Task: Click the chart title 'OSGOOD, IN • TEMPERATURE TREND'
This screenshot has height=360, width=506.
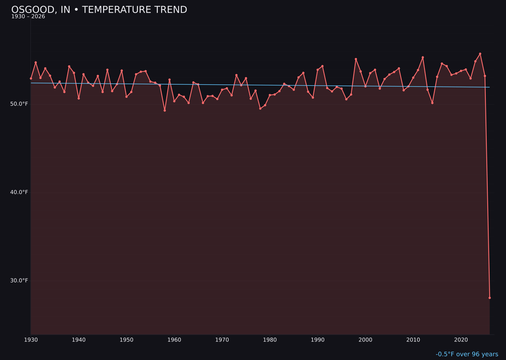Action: [x=99, y=10]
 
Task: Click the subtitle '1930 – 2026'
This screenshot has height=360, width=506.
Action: [x=28, y=17]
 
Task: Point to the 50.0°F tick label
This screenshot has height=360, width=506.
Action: [x=19, y=104]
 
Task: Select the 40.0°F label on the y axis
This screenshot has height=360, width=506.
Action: [x=19, y=192]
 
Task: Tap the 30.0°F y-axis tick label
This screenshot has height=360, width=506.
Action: [x=19, y=281]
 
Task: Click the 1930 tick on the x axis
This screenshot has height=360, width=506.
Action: [x=31, y=340]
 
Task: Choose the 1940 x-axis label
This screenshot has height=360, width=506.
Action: [x=79, y=340]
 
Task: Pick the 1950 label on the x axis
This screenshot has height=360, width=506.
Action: [x=126, y=340]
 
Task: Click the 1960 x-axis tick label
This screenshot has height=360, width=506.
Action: [x=174, y=340]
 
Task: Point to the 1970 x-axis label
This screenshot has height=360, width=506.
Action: [x=222, y=340]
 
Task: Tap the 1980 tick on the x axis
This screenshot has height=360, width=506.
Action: [x=270, y=340]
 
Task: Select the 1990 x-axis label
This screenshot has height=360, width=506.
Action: [x=318, y=340]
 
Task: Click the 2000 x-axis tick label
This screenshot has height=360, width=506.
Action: [x=365, y=340]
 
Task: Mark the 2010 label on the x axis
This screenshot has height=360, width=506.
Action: [x=413, y=340]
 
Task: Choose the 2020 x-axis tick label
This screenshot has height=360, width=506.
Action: [x=461, y=340]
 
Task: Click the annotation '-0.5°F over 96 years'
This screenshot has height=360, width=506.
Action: [x=467, y=354]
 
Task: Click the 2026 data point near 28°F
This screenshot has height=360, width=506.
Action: [x=490, y=298]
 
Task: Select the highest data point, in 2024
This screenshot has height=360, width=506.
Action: [x=480, y=54]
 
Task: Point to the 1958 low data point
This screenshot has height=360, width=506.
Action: [x=164, y=110]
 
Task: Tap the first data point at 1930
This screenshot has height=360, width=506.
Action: [x=31, y=78]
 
